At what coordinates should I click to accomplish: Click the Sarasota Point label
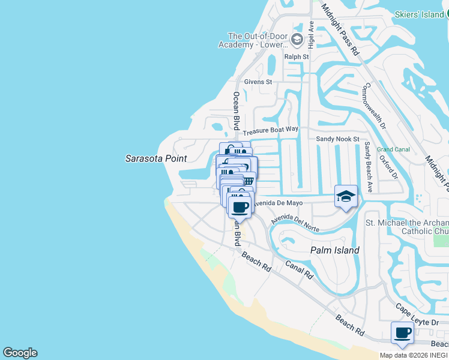click(156, 159)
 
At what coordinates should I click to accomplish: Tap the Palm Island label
click(334, 250)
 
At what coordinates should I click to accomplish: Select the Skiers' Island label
click(420, 14)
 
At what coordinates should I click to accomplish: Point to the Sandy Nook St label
click(337, 139)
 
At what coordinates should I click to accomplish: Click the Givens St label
click(258, 82)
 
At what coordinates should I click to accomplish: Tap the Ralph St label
click(297, 57)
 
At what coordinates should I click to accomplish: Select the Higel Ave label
click(311, 35)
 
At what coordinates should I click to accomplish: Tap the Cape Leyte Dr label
click(417, 315)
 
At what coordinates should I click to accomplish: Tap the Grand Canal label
click(393, 149)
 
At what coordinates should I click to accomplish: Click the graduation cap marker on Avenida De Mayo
click(346, 196)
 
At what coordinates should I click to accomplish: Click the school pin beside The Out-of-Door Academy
click(297, 40)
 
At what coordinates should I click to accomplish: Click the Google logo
click(20, 353)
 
